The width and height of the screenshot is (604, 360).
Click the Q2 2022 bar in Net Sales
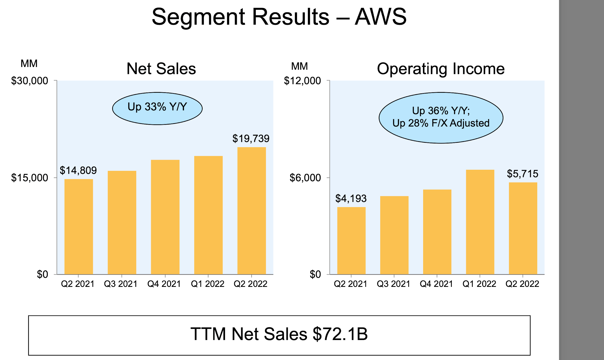252,211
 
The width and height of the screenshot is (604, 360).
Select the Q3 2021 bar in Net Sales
122,222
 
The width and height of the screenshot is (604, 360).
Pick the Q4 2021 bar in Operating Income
437,232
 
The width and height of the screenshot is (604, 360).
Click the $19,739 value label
251,139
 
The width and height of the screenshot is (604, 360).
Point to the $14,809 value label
78,170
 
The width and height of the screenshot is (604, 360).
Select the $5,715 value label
522,174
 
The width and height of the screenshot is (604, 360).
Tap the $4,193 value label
351,199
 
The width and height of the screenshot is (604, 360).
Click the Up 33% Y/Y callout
157,108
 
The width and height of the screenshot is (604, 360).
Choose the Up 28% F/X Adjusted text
441,123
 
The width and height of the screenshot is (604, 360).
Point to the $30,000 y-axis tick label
29,81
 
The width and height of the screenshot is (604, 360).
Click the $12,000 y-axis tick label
302,81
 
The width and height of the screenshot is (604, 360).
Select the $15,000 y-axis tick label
29,178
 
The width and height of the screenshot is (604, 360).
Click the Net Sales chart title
161,69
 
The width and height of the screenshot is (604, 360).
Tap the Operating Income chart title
441,69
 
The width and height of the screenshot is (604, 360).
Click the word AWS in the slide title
380,17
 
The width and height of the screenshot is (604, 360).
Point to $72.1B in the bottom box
340,334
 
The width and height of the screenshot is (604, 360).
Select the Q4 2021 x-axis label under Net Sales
164,284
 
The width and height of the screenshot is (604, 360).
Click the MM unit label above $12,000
299,66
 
